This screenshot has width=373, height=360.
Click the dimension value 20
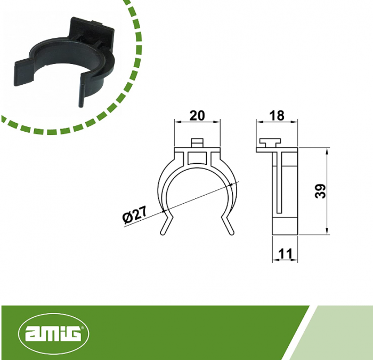click(197, 115)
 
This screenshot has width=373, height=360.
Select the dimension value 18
click(277, 115)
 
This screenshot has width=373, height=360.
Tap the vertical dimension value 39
click(320, 191)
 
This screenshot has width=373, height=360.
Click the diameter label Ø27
click(134, 215)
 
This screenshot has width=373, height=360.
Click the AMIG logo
click(53, 334)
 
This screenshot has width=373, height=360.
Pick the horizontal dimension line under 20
click(197, 123)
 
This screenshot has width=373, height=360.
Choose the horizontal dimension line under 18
click(277, 123)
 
